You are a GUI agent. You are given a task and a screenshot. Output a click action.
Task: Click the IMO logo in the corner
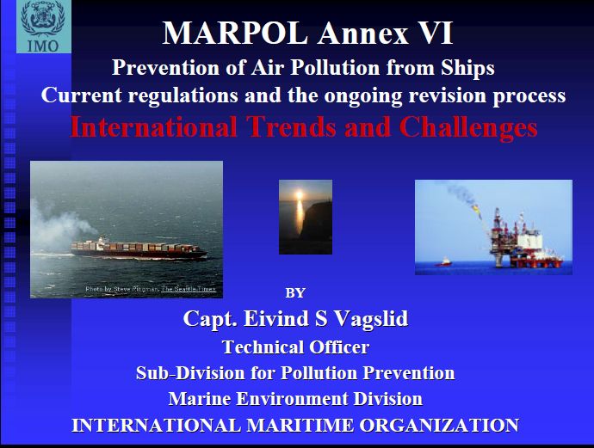(43, 27)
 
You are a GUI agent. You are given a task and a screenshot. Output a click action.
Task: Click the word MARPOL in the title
(235, 34)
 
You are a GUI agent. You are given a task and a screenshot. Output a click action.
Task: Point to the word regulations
(183, 95)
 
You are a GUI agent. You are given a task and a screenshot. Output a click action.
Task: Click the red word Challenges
(468, 127)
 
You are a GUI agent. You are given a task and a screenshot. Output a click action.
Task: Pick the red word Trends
(291, 126)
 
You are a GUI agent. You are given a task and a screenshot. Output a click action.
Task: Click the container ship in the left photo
(139, 249)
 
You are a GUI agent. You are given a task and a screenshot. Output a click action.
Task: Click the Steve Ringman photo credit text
(151, 289)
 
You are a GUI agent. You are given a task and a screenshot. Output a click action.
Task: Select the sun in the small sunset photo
(300, 195)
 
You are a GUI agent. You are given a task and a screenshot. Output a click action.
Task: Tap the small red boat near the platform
(443, 262)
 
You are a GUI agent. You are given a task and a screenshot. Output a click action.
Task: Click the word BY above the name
(295, 293)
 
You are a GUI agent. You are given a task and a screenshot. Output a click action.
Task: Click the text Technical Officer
(295, 347)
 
